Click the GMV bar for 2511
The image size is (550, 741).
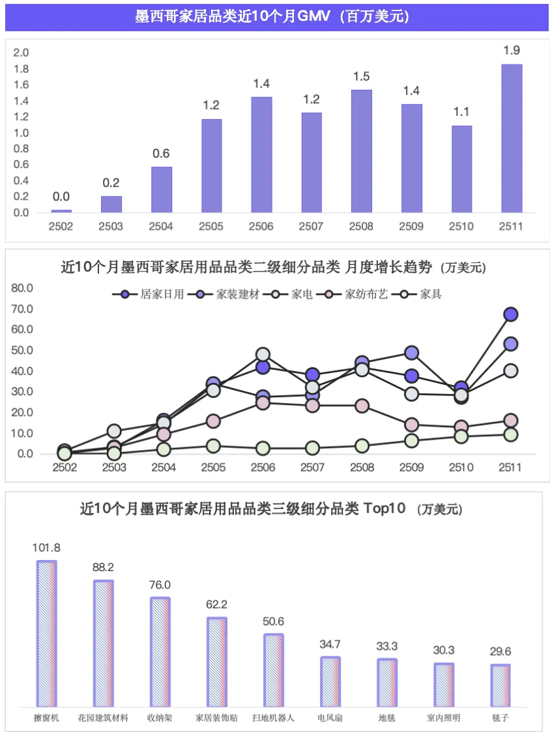pyautogui.click(x=511, y=138)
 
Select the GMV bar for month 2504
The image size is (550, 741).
pyautogui.click(x=162, y=189)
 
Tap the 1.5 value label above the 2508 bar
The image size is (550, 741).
pyautogui.click(x=361, y=77)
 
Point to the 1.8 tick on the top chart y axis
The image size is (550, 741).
pyautogui.click(x=22, y=69)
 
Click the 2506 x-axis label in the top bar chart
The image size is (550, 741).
pyautogui.click(x=262, y=227)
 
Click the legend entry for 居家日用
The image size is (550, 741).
pyautogui.click(x=149, y=294)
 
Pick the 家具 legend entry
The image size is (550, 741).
pyautogui.click(x=422, y=294)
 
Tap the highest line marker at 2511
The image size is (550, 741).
pyautogui.click(x=511, y=315)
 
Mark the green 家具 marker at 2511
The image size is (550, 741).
pyautogui.click(x=511, y=434)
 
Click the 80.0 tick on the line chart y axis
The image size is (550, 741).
pyautogui.click(x=22, y=288)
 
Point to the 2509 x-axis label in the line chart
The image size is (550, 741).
pyautogui.click(x=412, y=468)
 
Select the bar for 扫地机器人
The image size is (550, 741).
pyautogui.click(x=274, y=671)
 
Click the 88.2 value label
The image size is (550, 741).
pyautogui.click(x=103, y=567)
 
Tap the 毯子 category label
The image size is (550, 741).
pyautogui.click(x=500, y=718)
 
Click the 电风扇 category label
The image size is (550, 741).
pyautogui.click(x=330, y=718)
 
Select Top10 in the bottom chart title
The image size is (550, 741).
pyautogui.click(x=384, y=509)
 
